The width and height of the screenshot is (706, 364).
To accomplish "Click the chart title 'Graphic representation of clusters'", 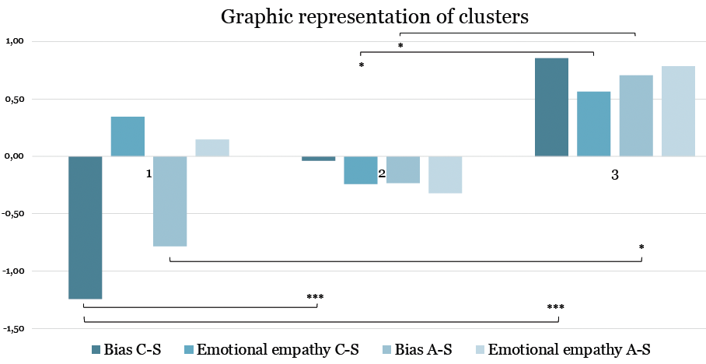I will click(375, 16).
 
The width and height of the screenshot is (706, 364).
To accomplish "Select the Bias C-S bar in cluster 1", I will click(85, 227).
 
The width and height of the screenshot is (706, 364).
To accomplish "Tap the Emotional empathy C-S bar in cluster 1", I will click(128, 136).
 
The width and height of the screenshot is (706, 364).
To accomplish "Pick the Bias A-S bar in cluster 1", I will click(170, 201).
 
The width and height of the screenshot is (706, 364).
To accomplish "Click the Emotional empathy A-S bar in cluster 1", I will click(212, 148).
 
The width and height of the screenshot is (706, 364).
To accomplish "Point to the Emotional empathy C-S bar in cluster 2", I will click(361, 170).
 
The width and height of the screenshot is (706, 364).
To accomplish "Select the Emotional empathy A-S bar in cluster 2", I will click(446, 174).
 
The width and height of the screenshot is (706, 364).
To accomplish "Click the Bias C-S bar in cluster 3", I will click(552, 107).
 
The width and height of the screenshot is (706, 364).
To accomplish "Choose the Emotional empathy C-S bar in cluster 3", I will click(594, 124).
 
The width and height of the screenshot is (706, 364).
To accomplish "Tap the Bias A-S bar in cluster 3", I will click(636, 116).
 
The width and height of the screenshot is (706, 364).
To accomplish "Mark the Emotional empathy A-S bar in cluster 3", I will click(678, 111).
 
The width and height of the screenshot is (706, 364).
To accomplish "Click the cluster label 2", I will click(382, 174).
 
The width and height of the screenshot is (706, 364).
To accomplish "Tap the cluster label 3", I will click(614, 176).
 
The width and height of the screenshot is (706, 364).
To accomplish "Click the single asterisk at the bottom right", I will click(641, 248).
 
